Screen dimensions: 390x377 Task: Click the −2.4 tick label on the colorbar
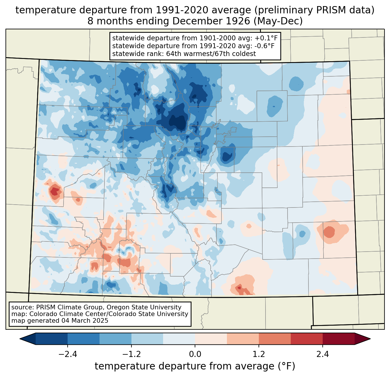point(68,354)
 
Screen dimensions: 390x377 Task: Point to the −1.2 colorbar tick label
point(131,354)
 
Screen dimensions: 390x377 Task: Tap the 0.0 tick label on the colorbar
point(195,354)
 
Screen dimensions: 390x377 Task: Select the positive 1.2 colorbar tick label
point(259,354)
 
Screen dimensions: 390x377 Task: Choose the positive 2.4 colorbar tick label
point(323,354)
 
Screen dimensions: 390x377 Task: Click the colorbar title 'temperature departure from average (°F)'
point(195,366)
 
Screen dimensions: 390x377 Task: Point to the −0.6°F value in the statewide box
point(264,46)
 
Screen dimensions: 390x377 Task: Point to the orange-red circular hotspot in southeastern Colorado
point(329,232)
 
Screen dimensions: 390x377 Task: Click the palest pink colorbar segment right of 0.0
point(211,339)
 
